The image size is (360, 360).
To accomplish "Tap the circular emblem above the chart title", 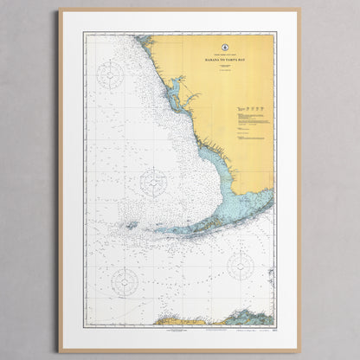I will [x=223, y=44].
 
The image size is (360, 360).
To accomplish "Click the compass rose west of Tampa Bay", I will [x=110, y=75].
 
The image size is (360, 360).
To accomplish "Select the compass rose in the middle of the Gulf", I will [x=153, y=182].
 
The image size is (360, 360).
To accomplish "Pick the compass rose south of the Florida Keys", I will [x=240, y=266].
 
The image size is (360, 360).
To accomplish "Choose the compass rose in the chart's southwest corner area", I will [x=125, y=280].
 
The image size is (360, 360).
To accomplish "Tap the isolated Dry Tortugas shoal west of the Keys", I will [x=130, y=225].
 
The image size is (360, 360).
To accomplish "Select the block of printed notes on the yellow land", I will [x=251, y=125].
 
